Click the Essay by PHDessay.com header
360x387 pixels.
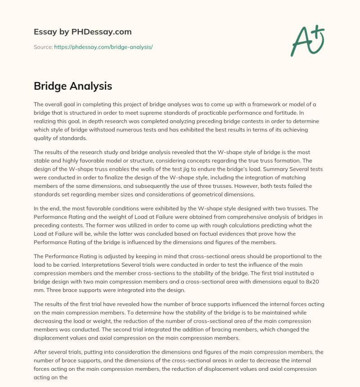pos(82,32)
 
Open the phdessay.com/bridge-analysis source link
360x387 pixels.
pos(103,47)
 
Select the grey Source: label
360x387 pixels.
pos(43,47)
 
